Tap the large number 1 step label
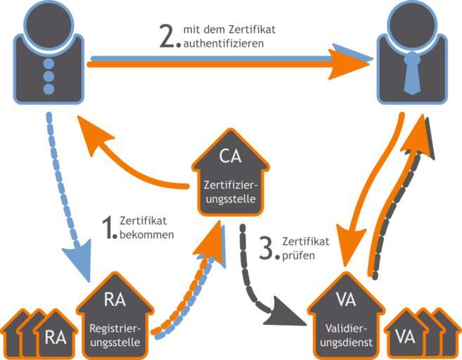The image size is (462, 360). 108,228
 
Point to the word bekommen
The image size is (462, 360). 146,235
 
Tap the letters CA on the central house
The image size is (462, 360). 231,156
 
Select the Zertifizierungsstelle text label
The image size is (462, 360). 231,191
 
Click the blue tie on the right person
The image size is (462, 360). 412,73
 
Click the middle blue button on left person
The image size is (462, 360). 49,75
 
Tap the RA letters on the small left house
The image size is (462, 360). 56,335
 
